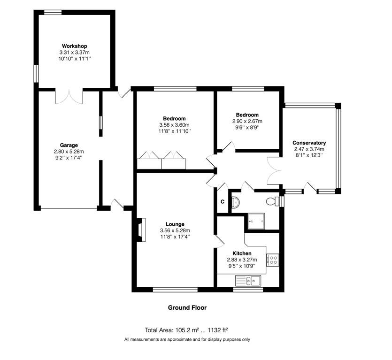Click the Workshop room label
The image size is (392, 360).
pyautogui.click(x=75, y=46)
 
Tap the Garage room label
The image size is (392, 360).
pyautogui.click(x=69, y=145)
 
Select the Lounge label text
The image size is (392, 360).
pyautogui.click(x=175, y=224)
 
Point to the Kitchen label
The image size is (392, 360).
pyautogui.click(x=242, y=253)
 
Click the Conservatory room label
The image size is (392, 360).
pyautogui.click(x=309, y=143)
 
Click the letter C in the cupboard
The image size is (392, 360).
pyautogui.click(x=223, y=202)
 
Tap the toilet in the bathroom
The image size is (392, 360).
pyautogui.click(x=272, y=201)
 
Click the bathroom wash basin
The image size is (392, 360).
pyautogui.click(x=236, y=202)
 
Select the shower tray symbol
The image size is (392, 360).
pyautogui.click(x=256, y=221)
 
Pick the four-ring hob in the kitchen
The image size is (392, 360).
pyautogui.click(x=272, y=260)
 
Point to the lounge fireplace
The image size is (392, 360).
pyautogui.click(x=141, y=230)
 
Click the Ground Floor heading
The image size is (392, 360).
pyautogui.click(x=187, y=307)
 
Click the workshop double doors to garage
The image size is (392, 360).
pyautogui.click(x=69, y=97)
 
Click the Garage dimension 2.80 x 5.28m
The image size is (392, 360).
pyautogui.click(x=69, y=152)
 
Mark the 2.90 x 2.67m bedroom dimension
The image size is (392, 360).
pyautogui.click(x=247, y=121)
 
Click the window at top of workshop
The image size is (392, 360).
pyautogui.click(x=53, y=12)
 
